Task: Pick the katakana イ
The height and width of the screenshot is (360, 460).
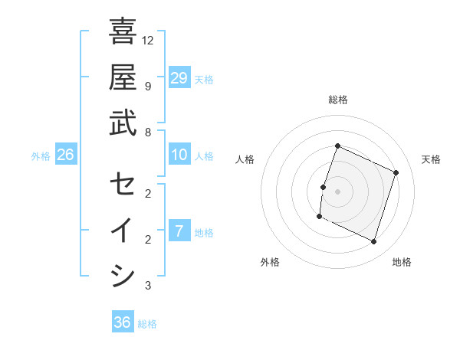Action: pyautogui.click(x=123, y=230)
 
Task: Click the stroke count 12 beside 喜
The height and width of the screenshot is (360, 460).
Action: pyautogui.click(x=148, y=40)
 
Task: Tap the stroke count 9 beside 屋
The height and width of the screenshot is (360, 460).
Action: pyautogui.click(x=147, y=86)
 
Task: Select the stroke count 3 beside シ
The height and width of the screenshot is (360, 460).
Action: pyautogui.click(x=147, y=286)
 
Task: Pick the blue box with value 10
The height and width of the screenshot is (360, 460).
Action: pyautogui.click(x=179, y=155)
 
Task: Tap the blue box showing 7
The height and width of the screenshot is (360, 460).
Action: pyautogui.click(x=179, y=231)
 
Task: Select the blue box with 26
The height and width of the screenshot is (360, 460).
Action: pyautogui.click(x=65, y=155)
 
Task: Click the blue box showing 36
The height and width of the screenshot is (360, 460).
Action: pyautogui.click(x=122, y=322)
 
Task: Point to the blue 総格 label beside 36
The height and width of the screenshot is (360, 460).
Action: pyautogui.click(x=147, y=324)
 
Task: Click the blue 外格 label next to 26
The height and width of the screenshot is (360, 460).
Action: pyautogui.click(x=41, y=156)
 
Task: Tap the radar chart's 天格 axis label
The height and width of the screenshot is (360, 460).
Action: pyautogui.click(x=431, y=159)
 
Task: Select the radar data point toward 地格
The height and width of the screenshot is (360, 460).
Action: pyautogui.click(x=374, y=242)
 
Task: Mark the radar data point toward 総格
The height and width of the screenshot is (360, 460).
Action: pyautogui.click(x=337, y=146)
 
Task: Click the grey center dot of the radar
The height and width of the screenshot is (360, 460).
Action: pyautogui.click(x=337, y=191)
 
